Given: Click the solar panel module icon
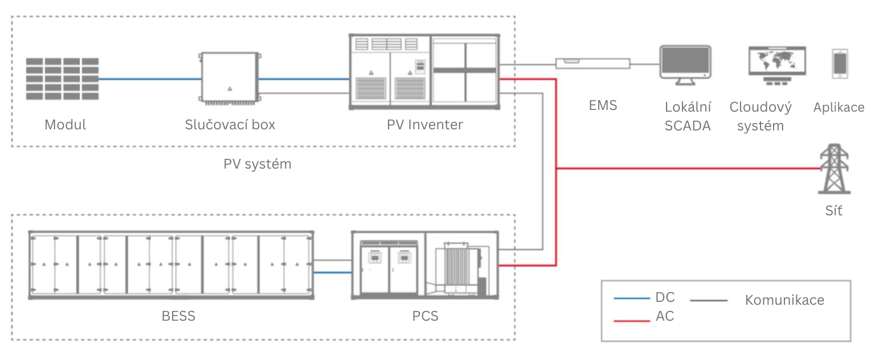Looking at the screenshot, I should pyautogui.click(x=62, y=79).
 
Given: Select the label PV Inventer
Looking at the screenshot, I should pyautogui.click(x=424, y=125).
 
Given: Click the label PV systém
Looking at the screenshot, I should pyautogui.click(x=257, y=165).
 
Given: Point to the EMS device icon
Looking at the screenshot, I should pyautogui.click(x=593, y=63).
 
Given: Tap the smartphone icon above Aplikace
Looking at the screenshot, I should pyautogui.click(x=840, y=63).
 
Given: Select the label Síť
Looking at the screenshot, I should pyautogui.click(x=834, y=211).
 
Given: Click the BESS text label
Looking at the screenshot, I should pyautogui.click(x=178, y=316).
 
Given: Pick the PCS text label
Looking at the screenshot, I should pyautogui.click(x=426, y=316).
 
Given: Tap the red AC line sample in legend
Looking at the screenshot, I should pyautogui.click(x=632, y=321).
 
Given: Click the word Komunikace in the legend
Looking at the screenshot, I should pyautogui.click(x=784, y=300).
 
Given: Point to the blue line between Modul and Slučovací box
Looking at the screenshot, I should pyautogui.click(x=148, y=79).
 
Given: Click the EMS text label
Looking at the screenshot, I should pyautogui.click(x=603, y=105).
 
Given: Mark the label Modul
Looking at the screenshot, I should pyautogui.click(x=65, y=125).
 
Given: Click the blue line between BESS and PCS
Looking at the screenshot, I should pyautogui.click(x=333, y=273).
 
